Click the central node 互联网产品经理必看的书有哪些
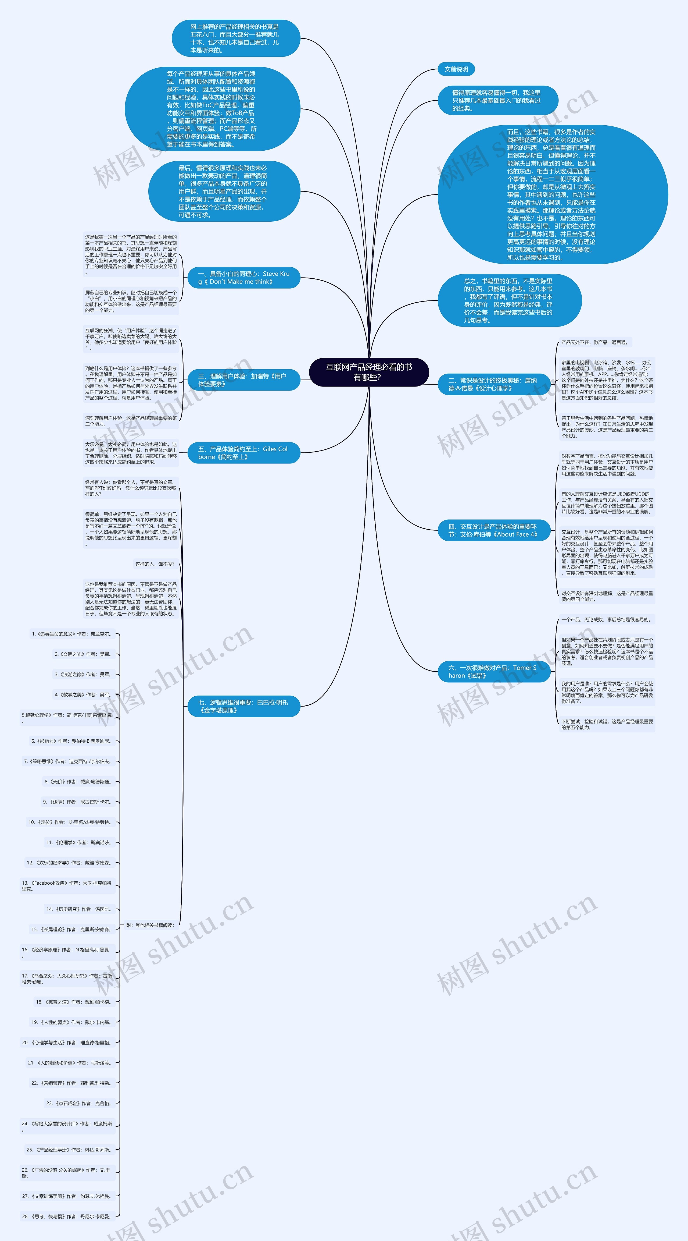[x=369, y=372]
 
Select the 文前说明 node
[x=456, y=69]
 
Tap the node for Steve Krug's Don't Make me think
[x=243, y=278]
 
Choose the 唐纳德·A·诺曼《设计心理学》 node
[x=493, y=384]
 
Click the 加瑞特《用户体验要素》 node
[x=243, y=380]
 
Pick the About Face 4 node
[x=493, y=530]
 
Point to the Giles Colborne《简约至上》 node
[x=243, y=453]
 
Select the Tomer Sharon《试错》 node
[x=493, y=672]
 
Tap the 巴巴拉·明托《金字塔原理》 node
[x=243, y=706]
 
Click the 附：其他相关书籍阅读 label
[x=150, y=925]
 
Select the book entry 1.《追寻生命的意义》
[x=71, y=634]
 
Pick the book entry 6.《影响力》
[x=71, y=741]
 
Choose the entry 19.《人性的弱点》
[x=71, y=1022]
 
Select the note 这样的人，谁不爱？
[x=155, y=564]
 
